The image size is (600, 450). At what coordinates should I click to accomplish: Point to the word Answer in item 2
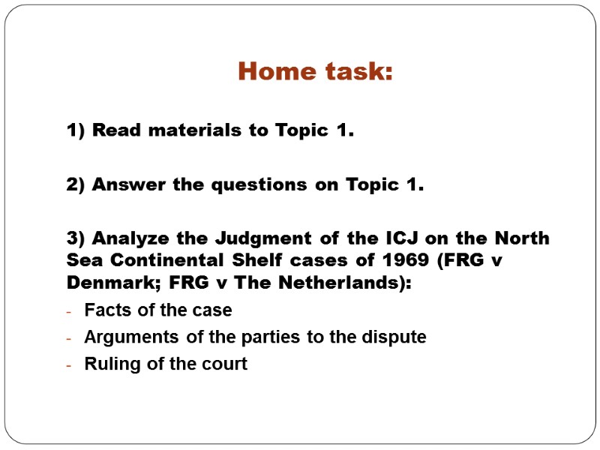124,184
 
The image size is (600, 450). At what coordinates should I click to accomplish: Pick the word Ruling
107,364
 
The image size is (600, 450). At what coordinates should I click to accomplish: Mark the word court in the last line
226,364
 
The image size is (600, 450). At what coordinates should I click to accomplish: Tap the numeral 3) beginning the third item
76,238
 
